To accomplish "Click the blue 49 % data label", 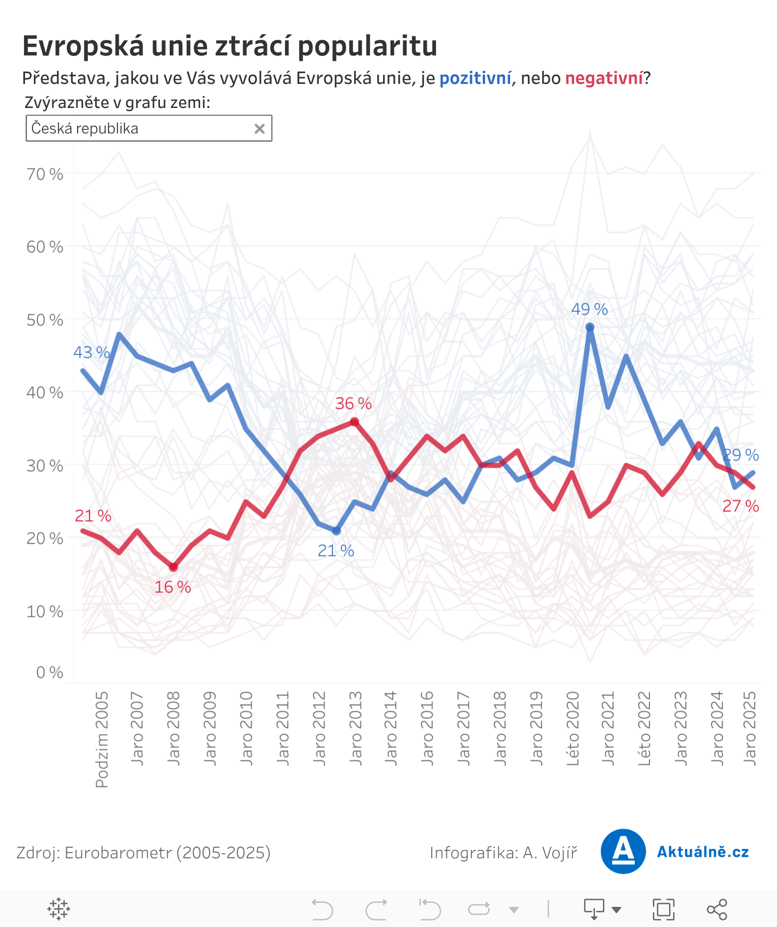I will point(589,309).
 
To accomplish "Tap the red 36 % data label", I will point(353,403).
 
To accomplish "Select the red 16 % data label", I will point(172,587).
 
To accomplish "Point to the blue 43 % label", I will point(91,352).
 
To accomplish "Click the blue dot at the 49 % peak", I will point(590,327).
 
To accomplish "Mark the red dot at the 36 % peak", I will point(354,422).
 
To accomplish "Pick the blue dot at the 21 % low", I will point(336,531).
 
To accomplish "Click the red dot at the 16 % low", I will point(173,567).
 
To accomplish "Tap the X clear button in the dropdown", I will point(259,129).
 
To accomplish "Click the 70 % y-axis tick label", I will point(45,174).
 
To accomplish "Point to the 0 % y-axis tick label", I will point(50,672).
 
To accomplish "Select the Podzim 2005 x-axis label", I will point(102,739).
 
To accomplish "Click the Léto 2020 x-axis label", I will point(573,728).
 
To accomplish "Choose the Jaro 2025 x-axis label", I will point(750,728).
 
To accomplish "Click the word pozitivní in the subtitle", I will point(475,79).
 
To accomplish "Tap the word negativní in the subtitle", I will point(604,79).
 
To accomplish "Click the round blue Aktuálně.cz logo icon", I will point(623,851).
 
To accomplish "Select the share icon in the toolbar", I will point(717,909).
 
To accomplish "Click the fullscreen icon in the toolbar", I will point(663,909).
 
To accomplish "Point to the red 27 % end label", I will point(740,506).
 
